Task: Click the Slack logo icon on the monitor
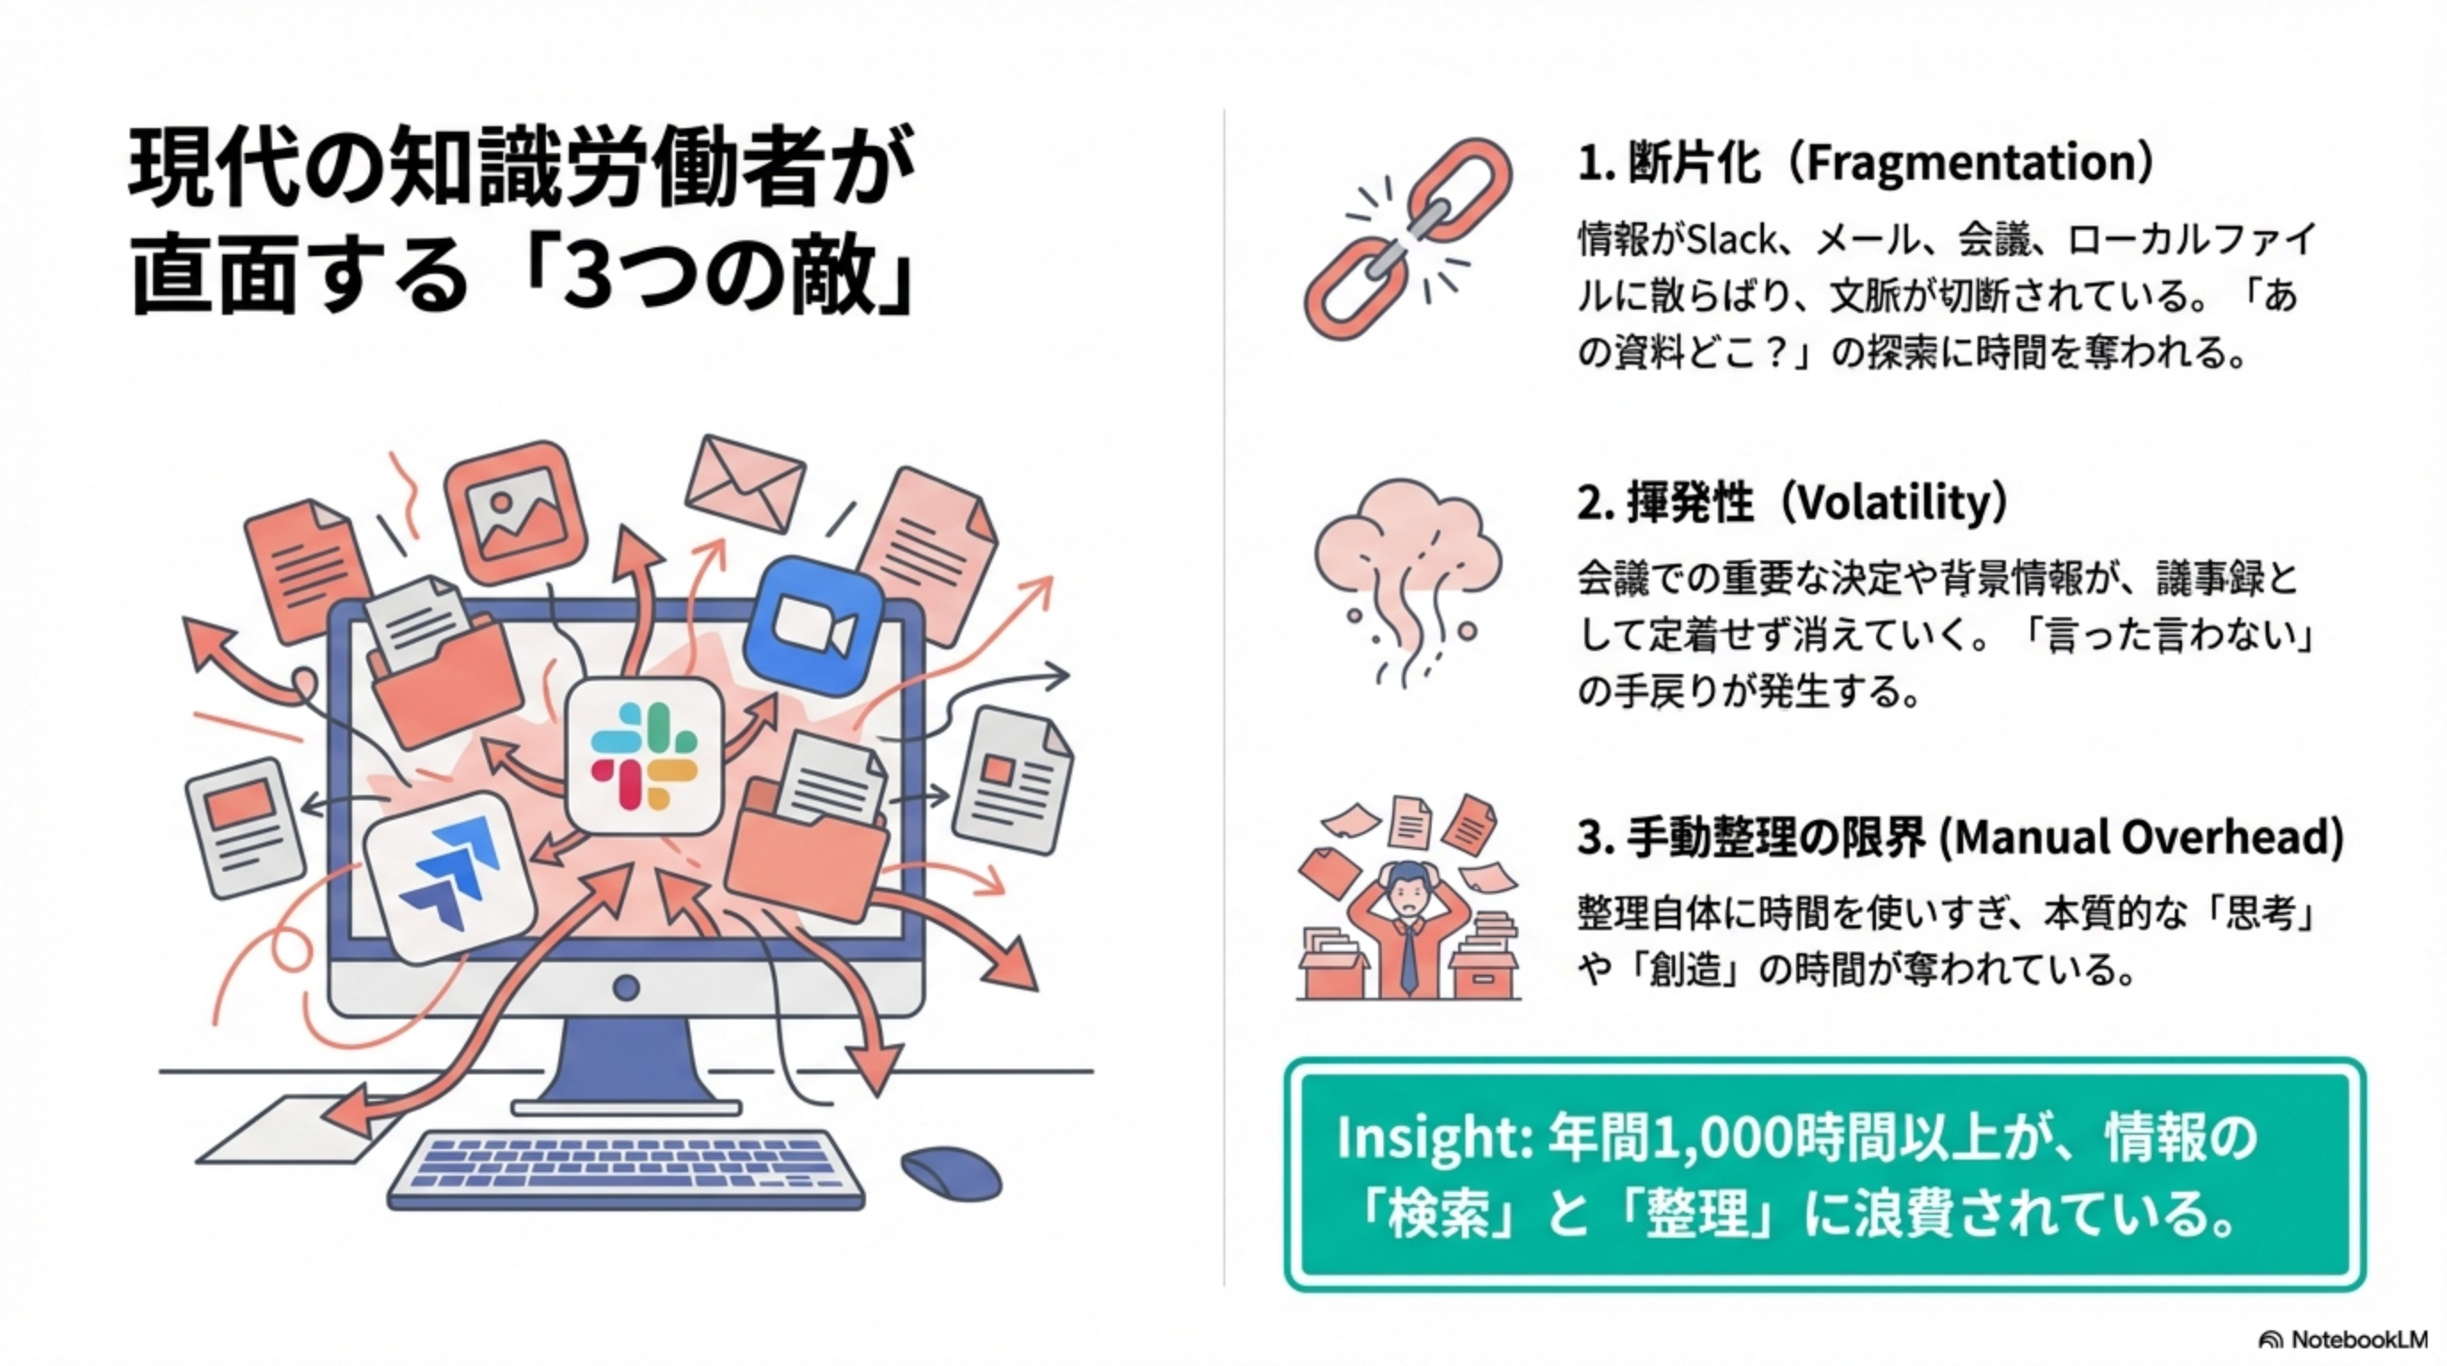(644, 755)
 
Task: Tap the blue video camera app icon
(813, 627)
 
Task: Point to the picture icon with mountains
(514, 513)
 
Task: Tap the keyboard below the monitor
(627, 1169)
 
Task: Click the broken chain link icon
(1407, 237)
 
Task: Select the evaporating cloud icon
(1407, 580)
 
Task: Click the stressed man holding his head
(1408, 921)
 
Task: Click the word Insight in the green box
(1430, 1138)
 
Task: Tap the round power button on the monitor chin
(626, 987)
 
